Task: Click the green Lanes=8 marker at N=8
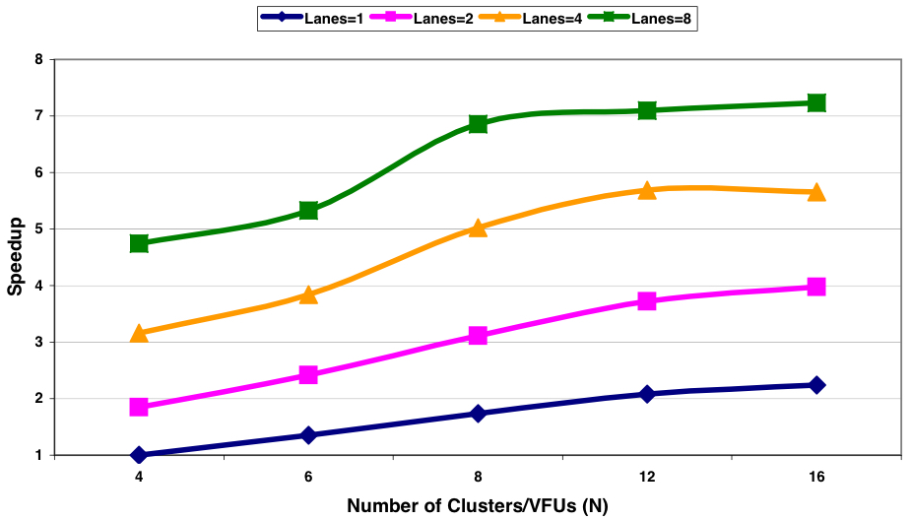478,123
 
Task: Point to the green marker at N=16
815,103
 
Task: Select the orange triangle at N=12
647,190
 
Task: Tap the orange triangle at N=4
139,334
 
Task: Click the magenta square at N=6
308,374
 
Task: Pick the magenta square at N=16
815,287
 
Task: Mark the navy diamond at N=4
139,455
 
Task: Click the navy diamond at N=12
647,394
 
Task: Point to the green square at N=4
139,243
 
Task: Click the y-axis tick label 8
38,59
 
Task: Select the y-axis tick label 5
38,229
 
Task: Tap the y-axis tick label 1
38,456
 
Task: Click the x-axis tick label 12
647,478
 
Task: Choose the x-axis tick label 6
308,478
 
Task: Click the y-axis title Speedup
15,257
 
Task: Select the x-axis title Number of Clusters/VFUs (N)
478,506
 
